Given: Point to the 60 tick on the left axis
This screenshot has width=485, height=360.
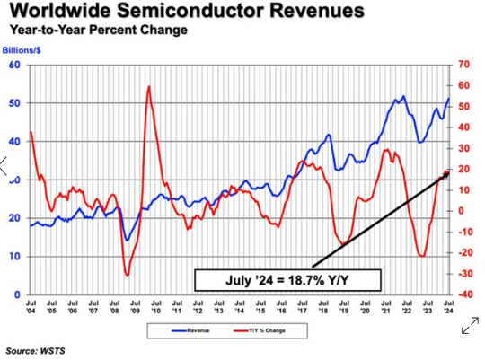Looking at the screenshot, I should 15,65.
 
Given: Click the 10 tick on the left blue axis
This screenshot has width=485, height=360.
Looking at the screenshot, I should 15,257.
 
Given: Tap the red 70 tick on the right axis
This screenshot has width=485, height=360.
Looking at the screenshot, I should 463,65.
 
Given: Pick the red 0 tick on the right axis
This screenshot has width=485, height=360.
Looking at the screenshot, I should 462,211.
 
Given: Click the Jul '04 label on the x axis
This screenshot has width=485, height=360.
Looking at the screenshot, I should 31,308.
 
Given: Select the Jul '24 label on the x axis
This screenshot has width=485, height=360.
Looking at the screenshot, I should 450,308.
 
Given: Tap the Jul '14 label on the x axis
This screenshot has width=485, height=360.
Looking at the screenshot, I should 241,308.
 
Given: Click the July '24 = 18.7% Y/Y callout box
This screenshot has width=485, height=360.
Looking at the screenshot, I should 289,279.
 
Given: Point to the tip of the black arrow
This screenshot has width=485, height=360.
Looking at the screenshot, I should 449,171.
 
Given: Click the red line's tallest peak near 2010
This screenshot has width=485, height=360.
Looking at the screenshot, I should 147,86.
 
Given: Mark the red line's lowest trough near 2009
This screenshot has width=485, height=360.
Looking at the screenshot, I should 127,274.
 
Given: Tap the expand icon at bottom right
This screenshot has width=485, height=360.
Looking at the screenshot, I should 469,328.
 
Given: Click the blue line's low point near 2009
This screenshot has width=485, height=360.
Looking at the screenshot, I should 126,240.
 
